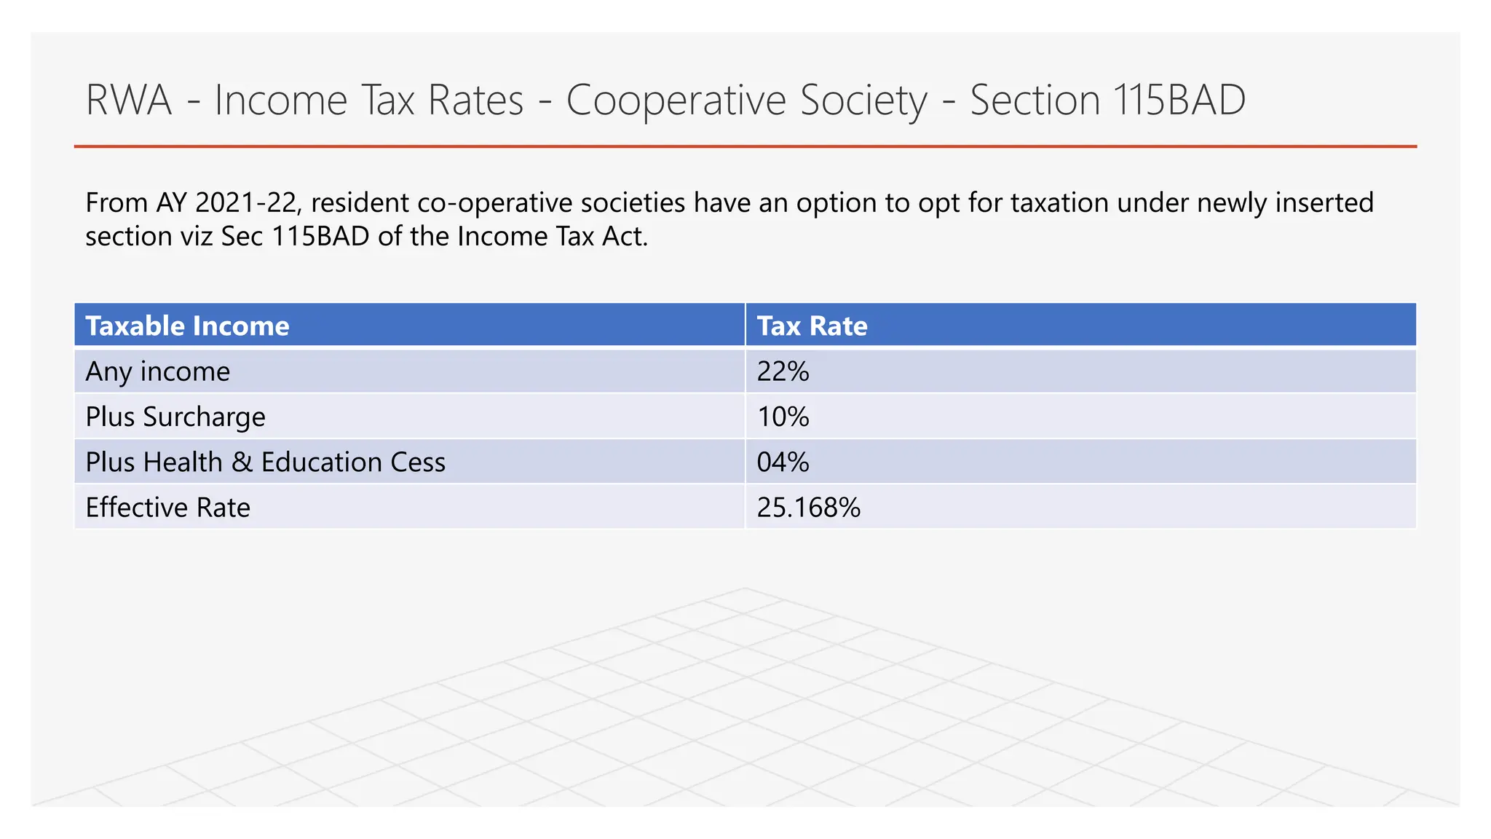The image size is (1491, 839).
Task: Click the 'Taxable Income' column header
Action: pyautogui.click(x=187, y=326)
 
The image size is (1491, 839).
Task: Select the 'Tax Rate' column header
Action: pyautogui.click(x=812, y=326)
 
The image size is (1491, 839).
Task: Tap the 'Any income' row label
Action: pyautogui.click(x=157, y=371)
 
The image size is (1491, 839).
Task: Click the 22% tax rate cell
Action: pyautogui.click(x=783, y=371)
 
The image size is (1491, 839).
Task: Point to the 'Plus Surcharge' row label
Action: pyautogui.click(x=175, y=417)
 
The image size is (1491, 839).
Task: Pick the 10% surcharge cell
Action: pyautogui.click(x=783, y=417)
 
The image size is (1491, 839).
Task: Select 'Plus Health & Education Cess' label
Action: pyautogui.click(x=265, y=462)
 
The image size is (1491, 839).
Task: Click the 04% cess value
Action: pyautogui.click(x=783, y=462)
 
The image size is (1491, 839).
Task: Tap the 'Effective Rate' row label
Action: pyautogui.click(x=167, y=508)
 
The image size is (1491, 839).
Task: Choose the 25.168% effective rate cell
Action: pyautogui.click(x=808, y=508)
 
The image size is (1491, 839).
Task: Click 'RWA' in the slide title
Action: pyautogui.click(x=129, y=100)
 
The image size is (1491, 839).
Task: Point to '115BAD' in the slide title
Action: pyautogui.click(x=1179, y=100)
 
